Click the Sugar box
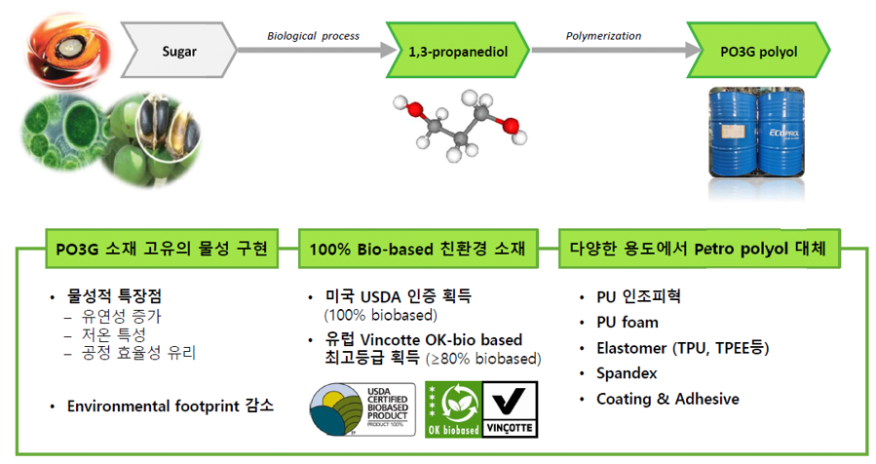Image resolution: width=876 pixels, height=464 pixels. click(178, 51)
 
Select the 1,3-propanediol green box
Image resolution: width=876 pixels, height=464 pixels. click(458, 51)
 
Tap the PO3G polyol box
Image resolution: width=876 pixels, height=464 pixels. click(758, 51)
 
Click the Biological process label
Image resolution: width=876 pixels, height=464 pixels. click(313, 36)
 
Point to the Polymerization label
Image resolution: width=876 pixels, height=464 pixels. click(603, 36)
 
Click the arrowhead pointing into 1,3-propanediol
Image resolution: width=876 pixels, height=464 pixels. click(389, 50)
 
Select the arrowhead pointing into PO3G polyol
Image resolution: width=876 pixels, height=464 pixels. click(694, 50)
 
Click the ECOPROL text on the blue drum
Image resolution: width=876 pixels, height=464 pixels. click(783, 133)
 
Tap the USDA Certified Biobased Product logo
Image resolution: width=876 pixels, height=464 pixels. click(362, 409)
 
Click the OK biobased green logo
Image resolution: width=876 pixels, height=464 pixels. click(453, 409)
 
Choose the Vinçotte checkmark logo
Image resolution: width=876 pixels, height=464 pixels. click(510, 409)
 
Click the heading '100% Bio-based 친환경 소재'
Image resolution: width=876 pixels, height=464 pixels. click(417, 249)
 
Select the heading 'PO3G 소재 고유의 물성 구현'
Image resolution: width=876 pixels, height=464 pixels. click(162, 249)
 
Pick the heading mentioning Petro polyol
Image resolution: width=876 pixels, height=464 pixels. click(698, 249)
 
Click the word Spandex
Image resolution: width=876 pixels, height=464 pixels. click(627, 373)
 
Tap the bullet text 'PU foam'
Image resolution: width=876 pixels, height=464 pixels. click(628, 323)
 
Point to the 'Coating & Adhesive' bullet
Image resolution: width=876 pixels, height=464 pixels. click(667, 399)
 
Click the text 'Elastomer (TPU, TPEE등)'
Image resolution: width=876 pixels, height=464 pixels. click(683, 348)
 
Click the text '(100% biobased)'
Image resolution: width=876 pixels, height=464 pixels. click(380, 315)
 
